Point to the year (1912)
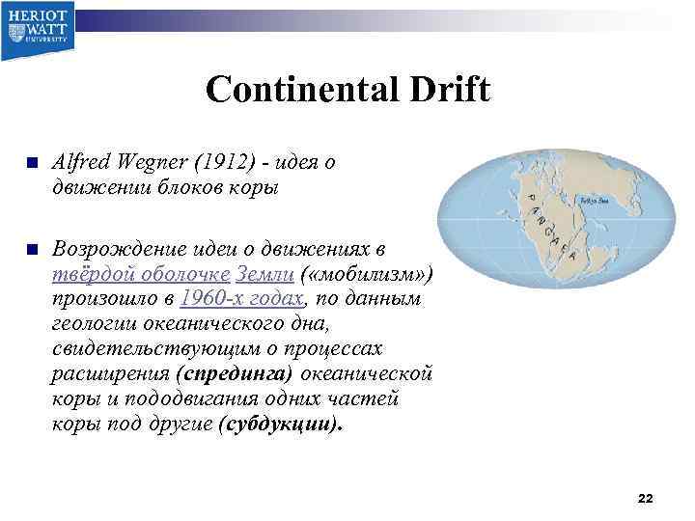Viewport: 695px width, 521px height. tap(219, 163)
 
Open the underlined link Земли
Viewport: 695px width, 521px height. tap(264, 274)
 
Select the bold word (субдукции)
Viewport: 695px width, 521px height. tap(281, 424)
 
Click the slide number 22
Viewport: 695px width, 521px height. tap(646, 498)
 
